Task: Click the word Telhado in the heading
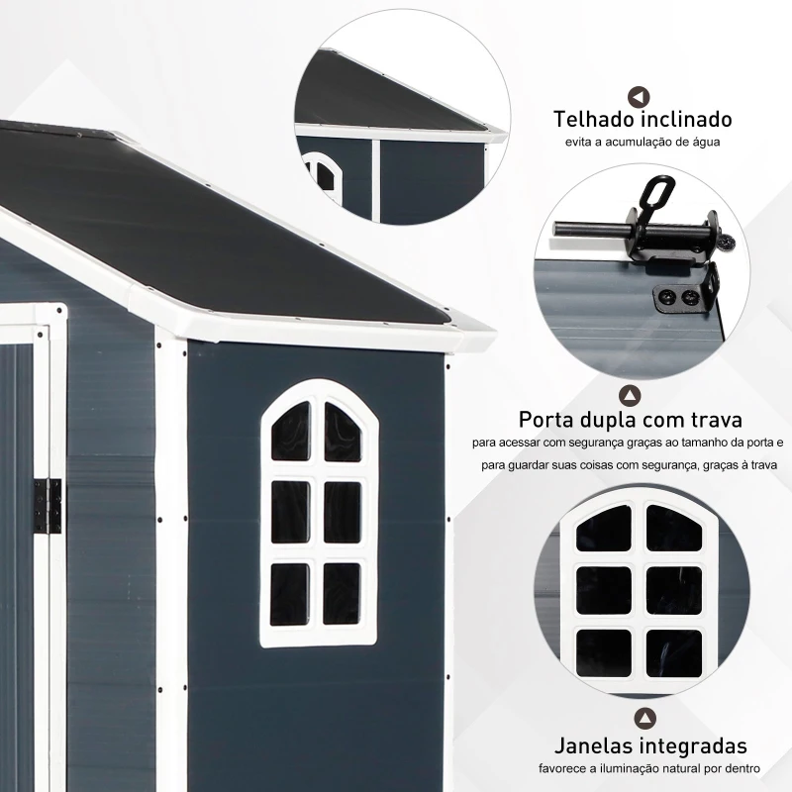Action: click(x=594, y=120)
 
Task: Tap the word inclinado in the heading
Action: click(x=687, y=120)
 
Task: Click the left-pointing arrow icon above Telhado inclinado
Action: click(x=639, y=97)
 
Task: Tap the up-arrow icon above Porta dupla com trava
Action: click(x=630, y=395)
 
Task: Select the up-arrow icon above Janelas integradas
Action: click(x=645, y=719)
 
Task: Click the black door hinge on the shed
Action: click(x=49, y=506)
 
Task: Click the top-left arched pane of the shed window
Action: click(x=291, y=432)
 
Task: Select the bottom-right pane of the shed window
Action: click(x=342, y=594)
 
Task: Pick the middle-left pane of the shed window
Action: click(x=290, y=512)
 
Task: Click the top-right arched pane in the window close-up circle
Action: click(x=673, y=529)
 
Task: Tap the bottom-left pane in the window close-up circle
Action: click(x=604, y=652)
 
